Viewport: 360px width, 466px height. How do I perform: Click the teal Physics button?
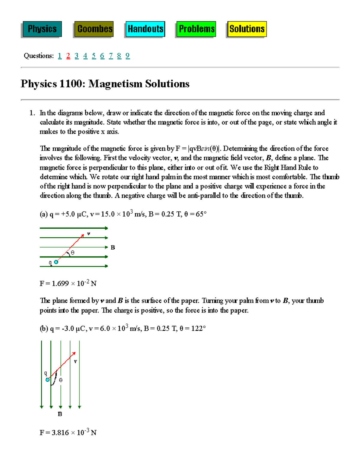[x=42, y=29]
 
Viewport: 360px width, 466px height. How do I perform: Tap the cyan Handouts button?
[x=145, y=29]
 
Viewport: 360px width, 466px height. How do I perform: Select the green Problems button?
[x=196, y=29]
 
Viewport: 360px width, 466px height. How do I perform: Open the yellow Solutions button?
[x=247, y=29]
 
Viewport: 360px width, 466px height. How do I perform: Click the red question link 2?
[x=68, y=56]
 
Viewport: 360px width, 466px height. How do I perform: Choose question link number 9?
[x=127, y=56]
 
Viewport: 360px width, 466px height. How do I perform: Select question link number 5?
[x=94, y=56]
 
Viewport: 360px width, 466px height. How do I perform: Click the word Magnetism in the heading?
[x=115, y=84]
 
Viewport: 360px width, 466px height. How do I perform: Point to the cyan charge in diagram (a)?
[x=56, y=262]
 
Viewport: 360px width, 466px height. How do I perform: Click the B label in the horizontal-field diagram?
[x=113, y=248]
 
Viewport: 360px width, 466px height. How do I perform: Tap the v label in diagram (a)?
[x=88, y=233]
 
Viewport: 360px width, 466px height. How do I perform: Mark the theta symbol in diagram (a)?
[x=73, y=253]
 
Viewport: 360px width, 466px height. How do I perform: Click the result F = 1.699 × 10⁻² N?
[x=68, y=284]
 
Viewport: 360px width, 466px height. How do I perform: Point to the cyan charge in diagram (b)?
[x=47, y=380]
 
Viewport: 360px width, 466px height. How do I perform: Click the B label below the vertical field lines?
[x=60, y=414]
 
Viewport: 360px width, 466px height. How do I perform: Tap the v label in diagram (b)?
[x=75, y=362]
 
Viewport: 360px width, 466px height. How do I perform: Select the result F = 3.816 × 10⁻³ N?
[x=68, y=432]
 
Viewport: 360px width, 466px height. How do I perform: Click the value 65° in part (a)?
[x=201, y=214]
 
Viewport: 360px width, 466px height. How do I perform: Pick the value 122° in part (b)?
[x=198, y=329]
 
